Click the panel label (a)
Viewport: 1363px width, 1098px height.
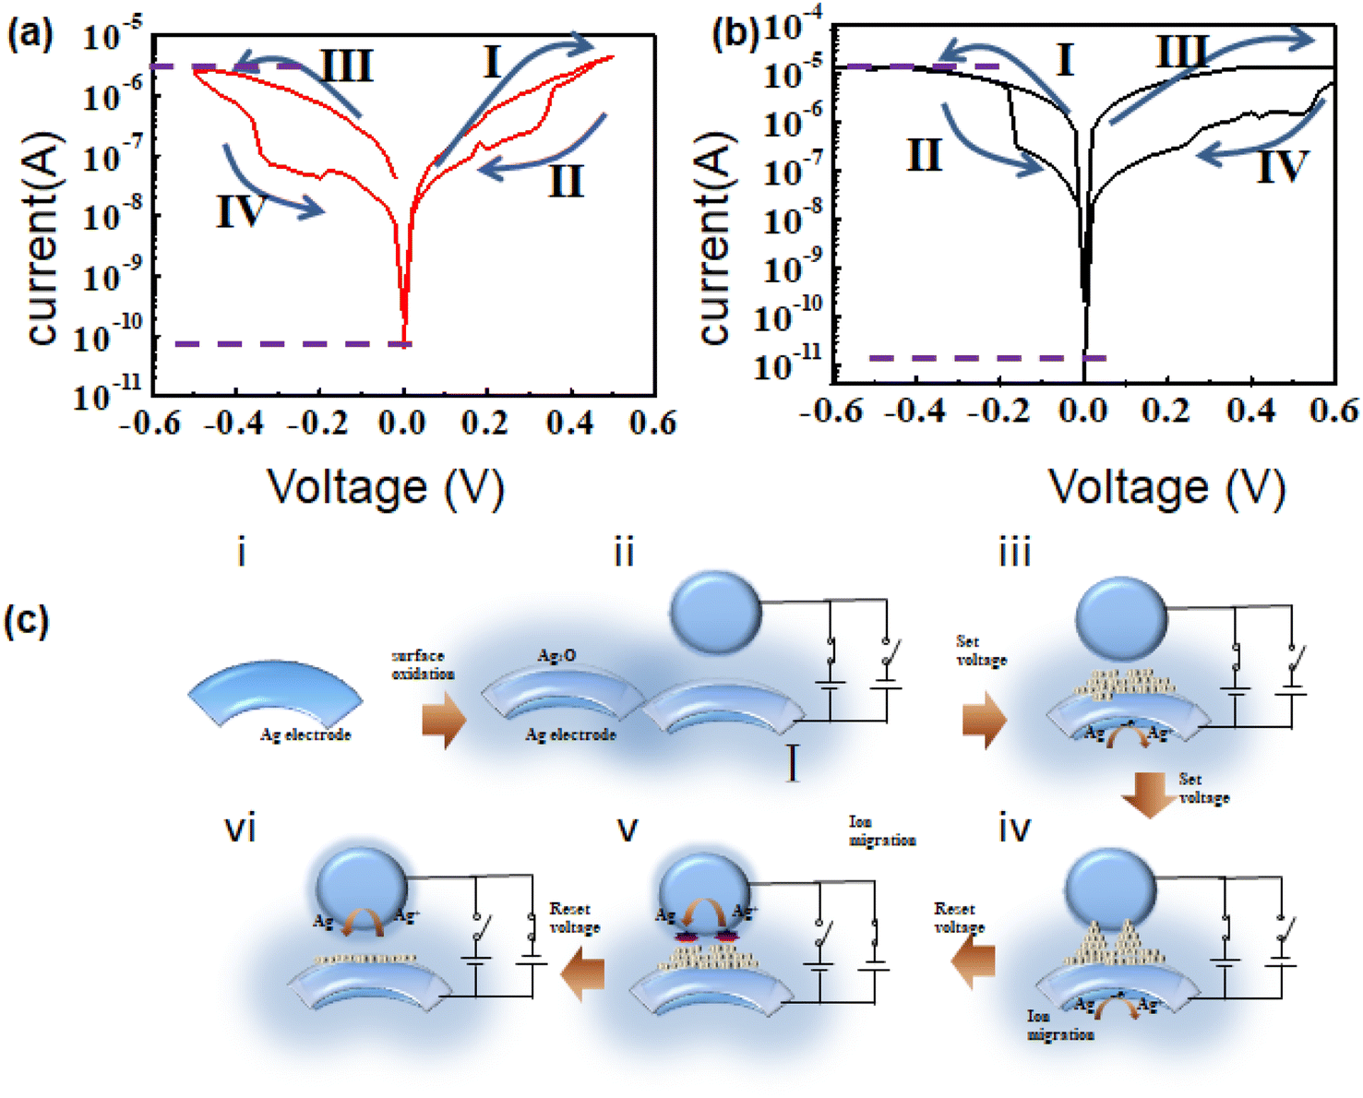click(x=30, y=35)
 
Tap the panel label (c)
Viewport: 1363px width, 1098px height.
click(x=26, y=621)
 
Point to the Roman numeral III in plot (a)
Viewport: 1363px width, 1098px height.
click(x=347, y=66)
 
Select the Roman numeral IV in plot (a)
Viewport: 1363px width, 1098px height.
click(x=241, y=211)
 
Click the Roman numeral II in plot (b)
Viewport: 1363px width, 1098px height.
click(x=924, y=154)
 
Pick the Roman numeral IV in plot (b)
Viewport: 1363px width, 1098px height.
click(x=1283, y=167)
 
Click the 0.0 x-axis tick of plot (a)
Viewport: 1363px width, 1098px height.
click(x=403, y=423)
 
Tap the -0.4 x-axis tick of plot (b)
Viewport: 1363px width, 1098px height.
click(x=915, y=411)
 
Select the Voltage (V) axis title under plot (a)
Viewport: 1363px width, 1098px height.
click(x=386, y=486)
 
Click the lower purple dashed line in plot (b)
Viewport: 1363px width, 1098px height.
click(x=986, y=358)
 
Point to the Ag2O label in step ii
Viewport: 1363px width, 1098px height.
click(x=556, y=655)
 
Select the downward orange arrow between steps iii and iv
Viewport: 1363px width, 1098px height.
click(x=1147, y=794)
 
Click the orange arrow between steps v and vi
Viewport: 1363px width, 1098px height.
click(x=583, y=976)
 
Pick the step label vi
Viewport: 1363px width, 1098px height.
click(x=240, y=829)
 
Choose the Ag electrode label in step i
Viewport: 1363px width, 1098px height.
click(x=305, y=734)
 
